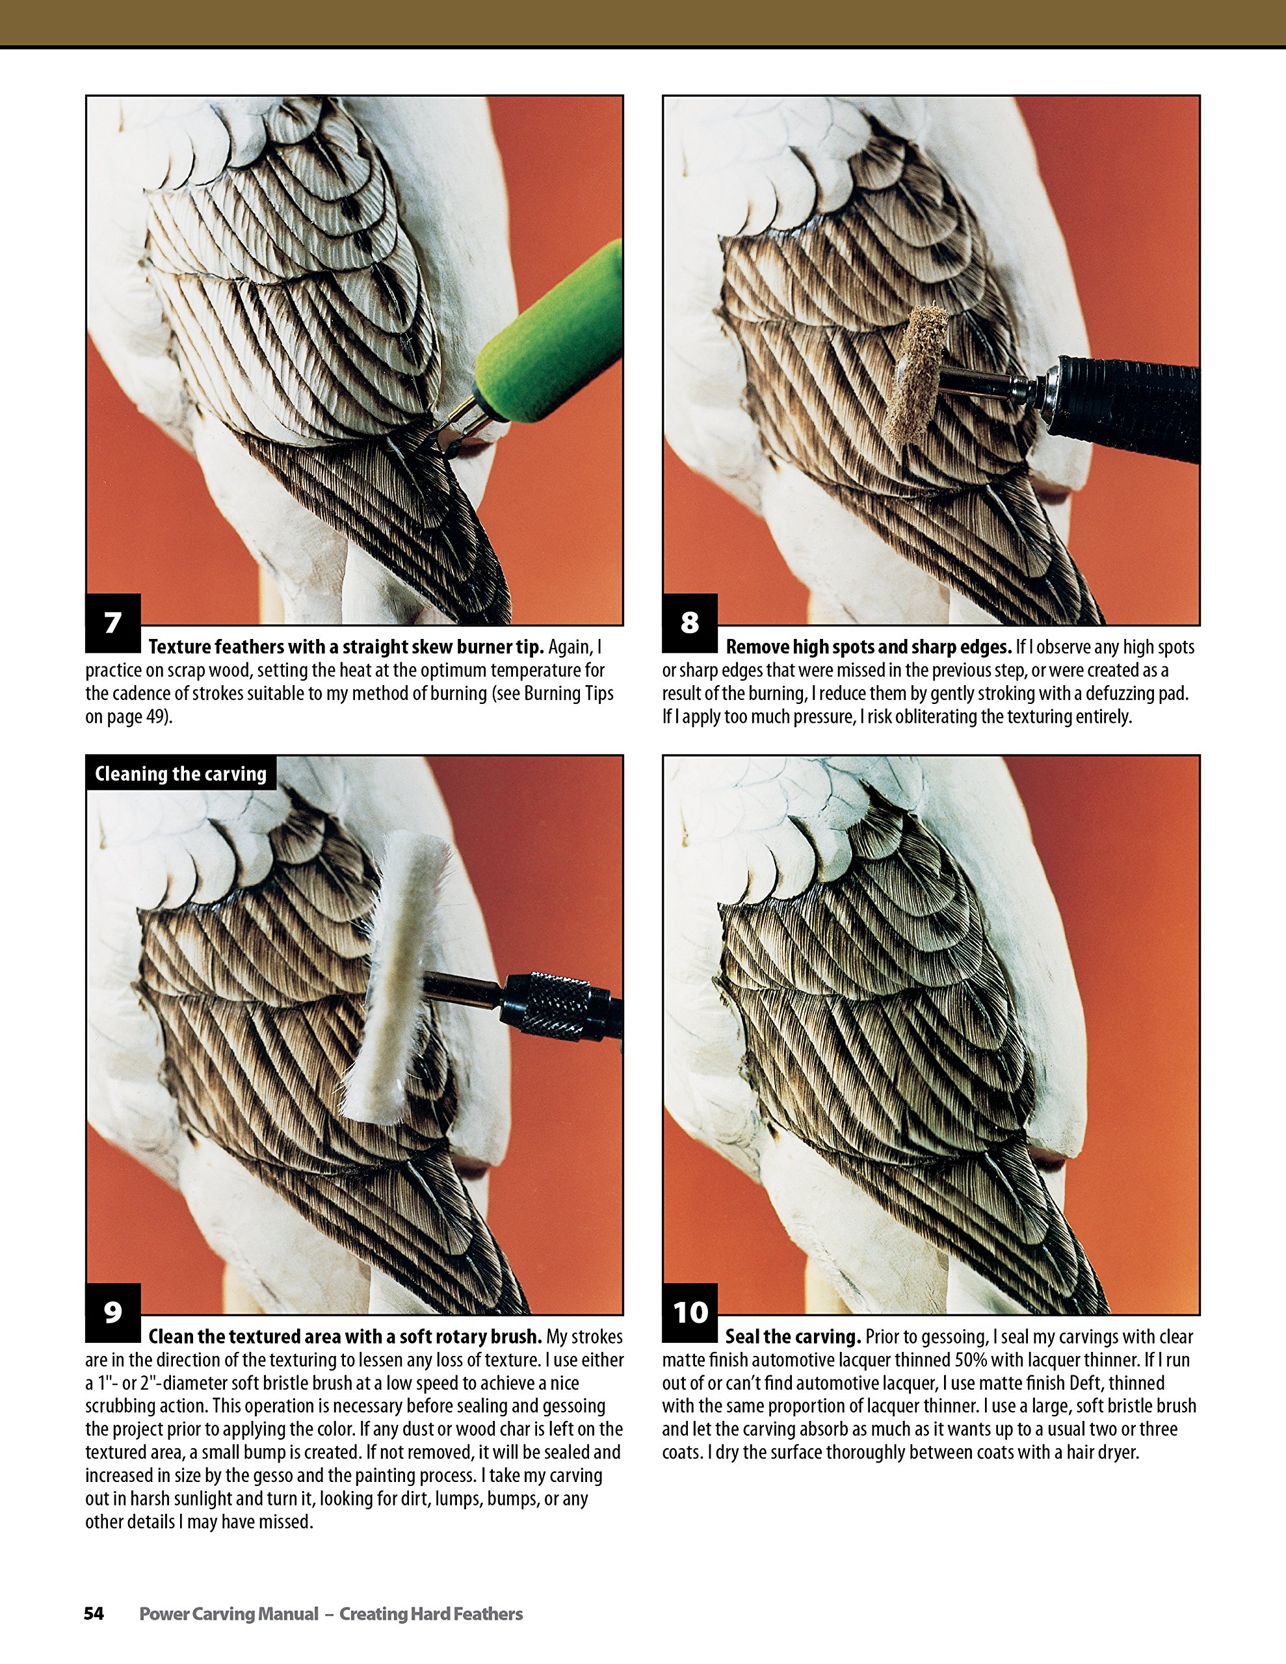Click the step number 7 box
[x=113, y=623]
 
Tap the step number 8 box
[x=690, y=623]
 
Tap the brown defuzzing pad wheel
[x=910, y=373]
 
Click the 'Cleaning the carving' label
[x=181, y=774]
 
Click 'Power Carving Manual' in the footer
[x=229, y=1614]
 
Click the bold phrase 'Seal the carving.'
[x=793, y=1336]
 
